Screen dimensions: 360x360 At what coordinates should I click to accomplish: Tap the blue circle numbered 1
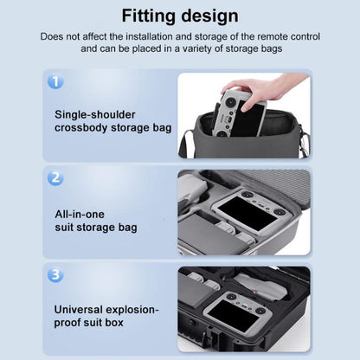(55, 81)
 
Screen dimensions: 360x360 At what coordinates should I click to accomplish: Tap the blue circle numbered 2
(55, 178)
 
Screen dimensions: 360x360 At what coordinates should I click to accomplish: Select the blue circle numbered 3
(55, 275)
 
